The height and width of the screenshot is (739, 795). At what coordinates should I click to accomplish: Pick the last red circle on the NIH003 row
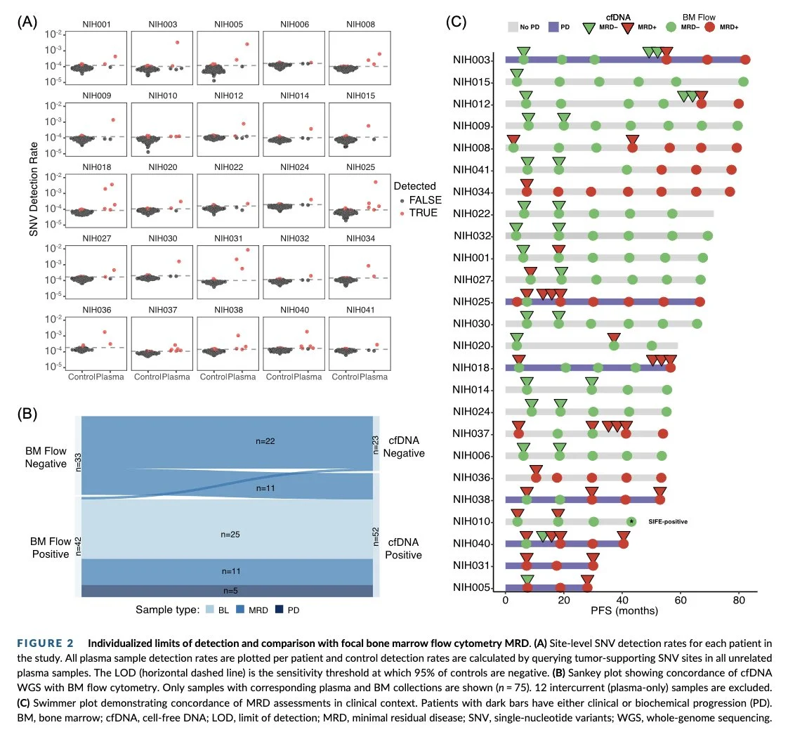pos(745,60)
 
